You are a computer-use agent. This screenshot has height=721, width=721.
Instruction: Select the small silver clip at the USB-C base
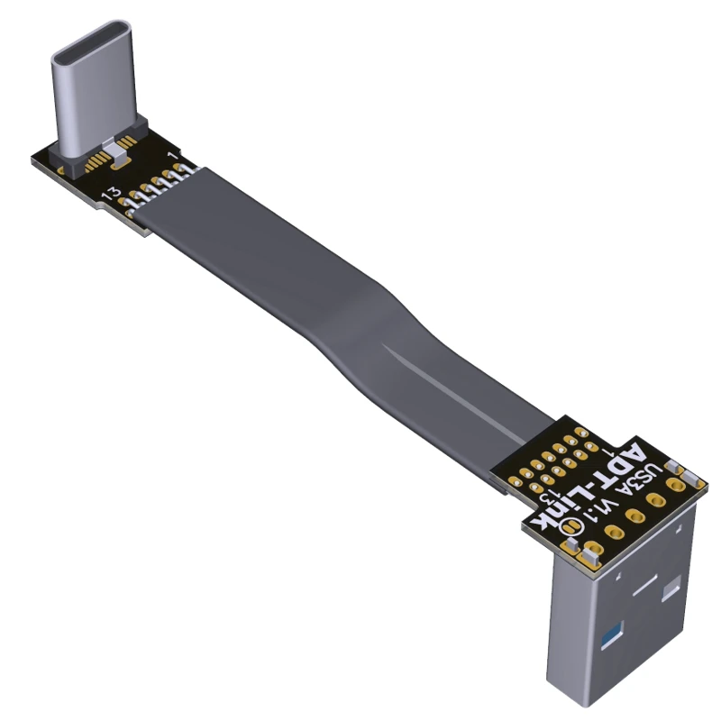click(x=109, y=144)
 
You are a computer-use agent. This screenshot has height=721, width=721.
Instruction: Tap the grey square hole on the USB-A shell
click(x=671, y=591)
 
